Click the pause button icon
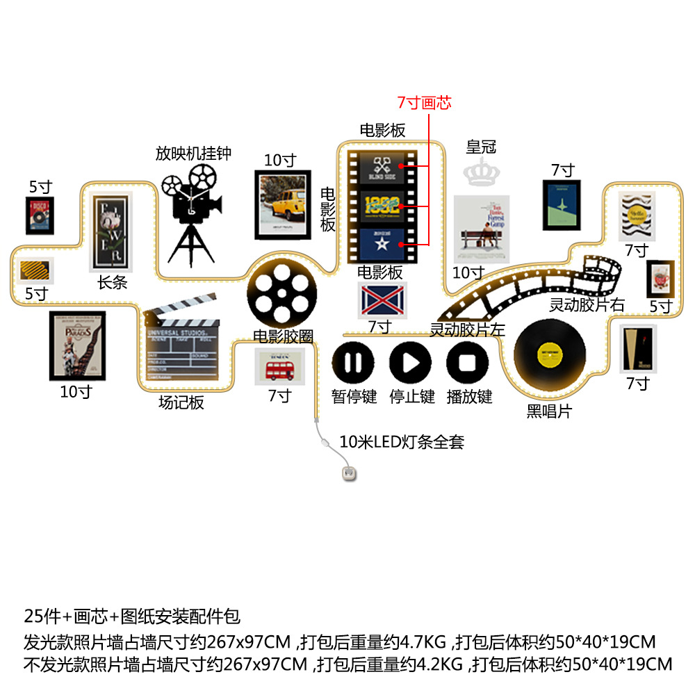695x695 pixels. tap(353, 362)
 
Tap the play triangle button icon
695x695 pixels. tap(411, 362)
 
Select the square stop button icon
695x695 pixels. tap(468, 362)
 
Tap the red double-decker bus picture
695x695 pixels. tap(279, 366)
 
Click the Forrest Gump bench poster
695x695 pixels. tap(481, 229)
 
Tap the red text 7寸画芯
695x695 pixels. tap(424, 103)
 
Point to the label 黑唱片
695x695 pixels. tap(549, 411)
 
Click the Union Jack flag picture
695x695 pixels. tap(382, 300)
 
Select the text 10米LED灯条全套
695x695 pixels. tap(401, 441)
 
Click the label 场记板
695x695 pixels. tap(181, 402)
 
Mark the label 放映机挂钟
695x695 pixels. tap(193, 153)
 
